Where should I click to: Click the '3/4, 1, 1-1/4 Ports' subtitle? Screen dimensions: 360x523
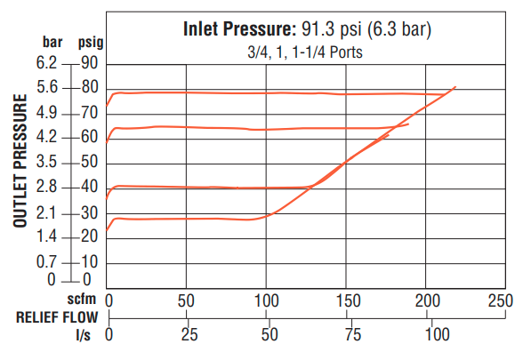click(306, 52)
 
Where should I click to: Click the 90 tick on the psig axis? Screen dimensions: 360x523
click(88, 64)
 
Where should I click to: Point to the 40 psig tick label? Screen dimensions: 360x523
click(88, 187)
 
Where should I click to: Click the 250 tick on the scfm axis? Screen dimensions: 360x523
click(502, 300)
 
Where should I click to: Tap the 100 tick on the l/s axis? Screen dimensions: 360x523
click(437, 335)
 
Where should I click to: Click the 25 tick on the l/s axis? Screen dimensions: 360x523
click(189, 335)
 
